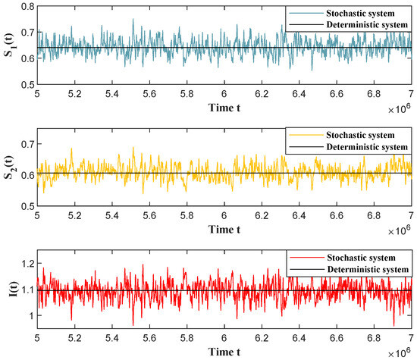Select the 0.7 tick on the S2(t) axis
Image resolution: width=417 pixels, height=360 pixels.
(x=24, y=143)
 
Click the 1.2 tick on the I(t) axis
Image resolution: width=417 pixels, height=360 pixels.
(x=24, y=264)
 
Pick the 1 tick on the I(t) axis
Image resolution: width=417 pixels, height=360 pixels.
(x=29, y=315)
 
